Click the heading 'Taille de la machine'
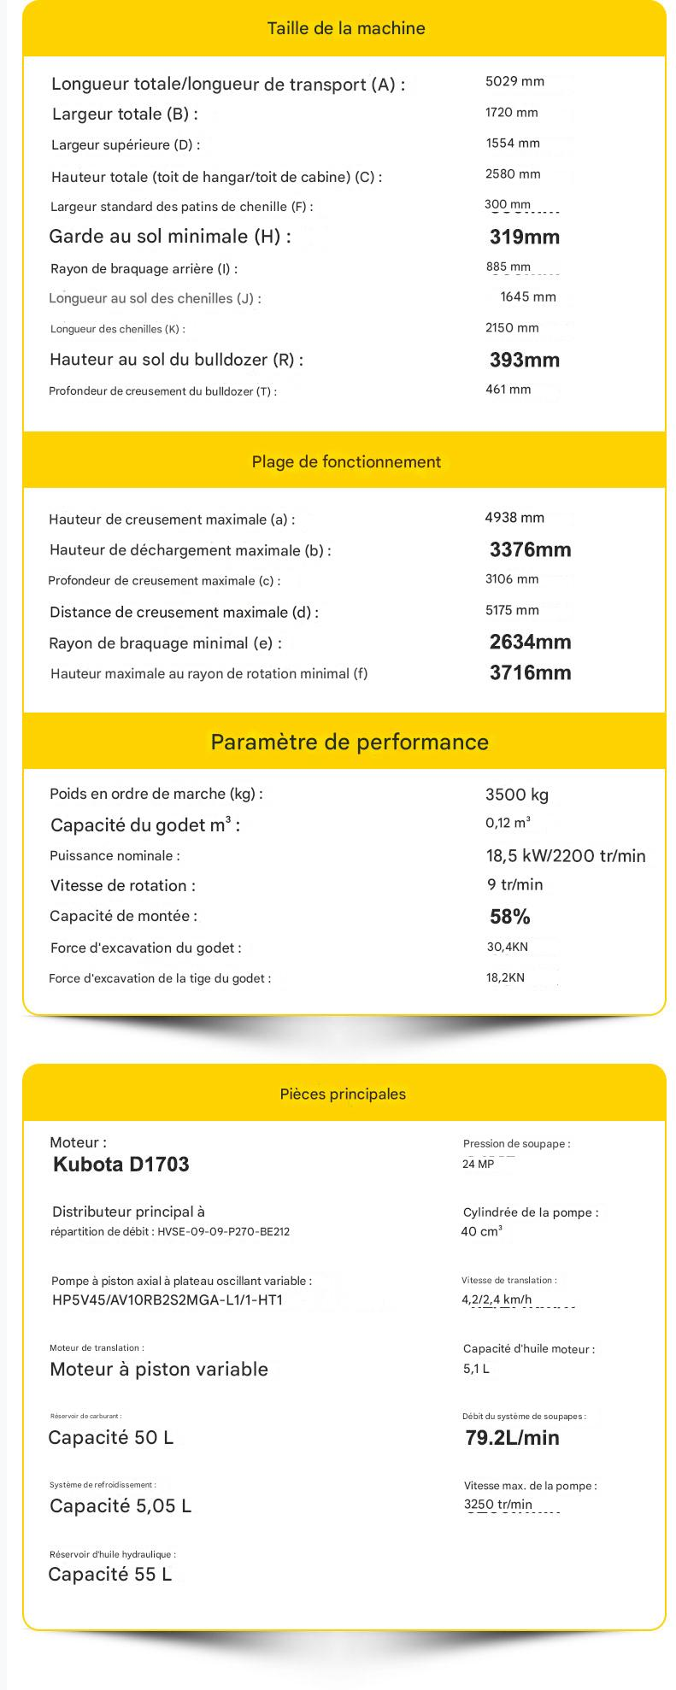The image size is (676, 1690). click(x=345, y=28)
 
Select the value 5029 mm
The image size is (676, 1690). click(x=514, y=81)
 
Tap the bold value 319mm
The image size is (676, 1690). click(x=524, y=237)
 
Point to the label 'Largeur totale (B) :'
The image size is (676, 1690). click(x=125, y=114)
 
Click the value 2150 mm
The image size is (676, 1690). click(x=512, y=328)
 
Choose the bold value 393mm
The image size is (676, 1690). click(x=524, y=360)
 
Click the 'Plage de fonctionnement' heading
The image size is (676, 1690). click(x=346, y=462)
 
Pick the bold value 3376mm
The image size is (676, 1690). click(x=530, y=549)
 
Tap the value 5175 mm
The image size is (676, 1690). click(x=512, y=610)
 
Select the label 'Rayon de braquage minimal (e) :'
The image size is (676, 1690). click(x=165, y=643)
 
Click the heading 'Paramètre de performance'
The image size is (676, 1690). click(x=350, y=742)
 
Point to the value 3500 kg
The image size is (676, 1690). click(x=516, y=795)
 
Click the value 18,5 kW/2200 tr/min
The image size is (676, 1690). click(x=566, y=856)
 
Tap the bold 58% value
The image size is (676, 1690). click(x=509, y=917)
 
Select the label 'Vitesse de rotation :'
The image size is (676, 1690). click(x=123, y=886)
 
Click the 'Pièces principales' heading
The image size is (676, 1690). click(x=343, y=1094)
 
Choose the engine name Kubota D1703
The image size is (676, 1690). click(x=121, y=1164)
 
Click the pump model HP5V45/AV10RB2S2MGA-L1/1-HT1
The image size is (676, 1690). click(x=168, y=1300)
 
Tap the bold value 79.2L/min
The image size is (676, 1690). click(x=512, y=1438)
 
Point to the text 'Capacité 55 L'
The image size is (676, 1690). click(x=110, y=1575)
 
